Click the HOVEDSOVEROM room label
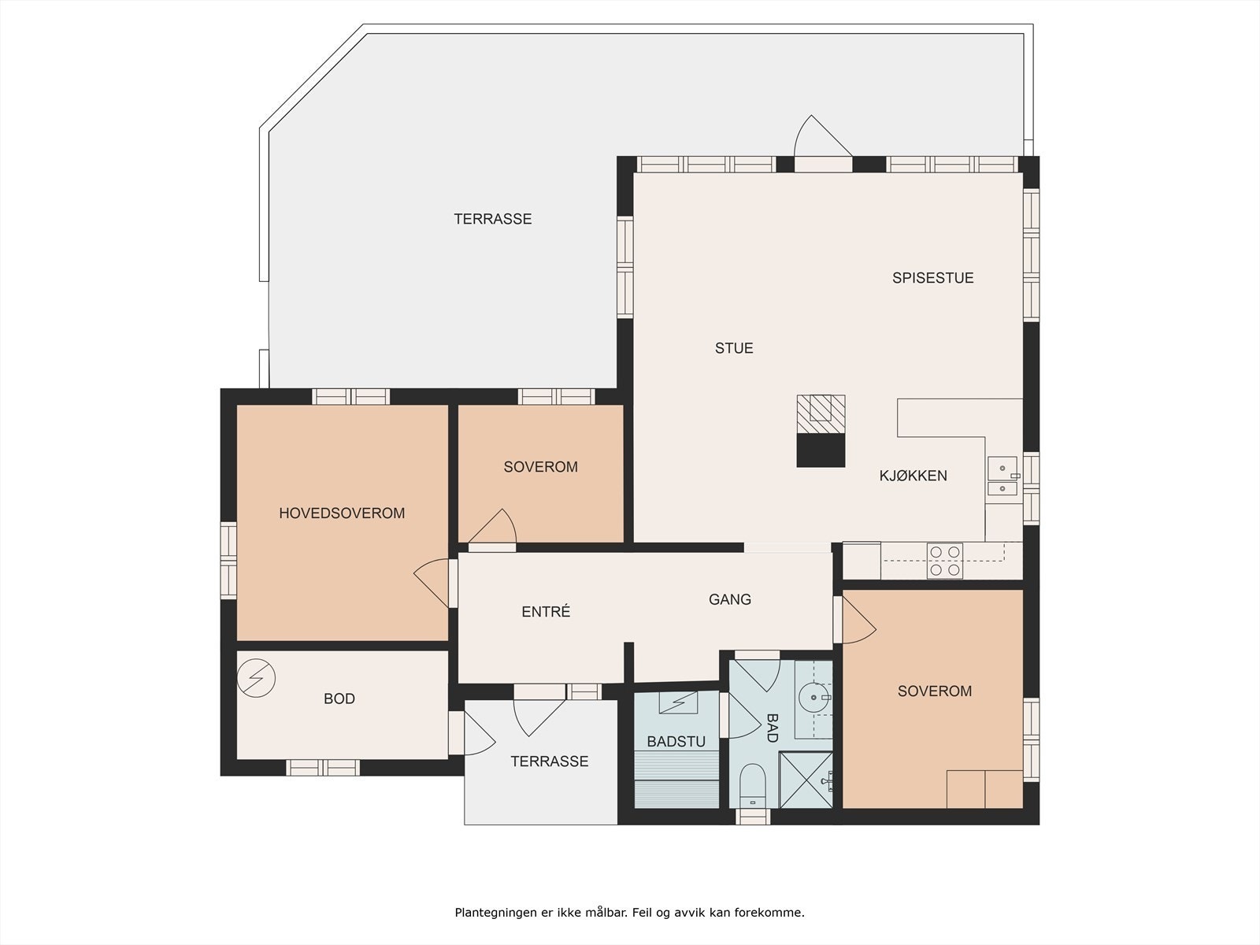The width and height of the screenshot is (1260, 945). coord(342,513)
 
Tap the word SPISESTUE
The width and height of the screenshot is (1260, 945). coord(932,278)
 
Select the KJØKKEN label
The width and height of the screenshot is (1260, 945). coord(913,476)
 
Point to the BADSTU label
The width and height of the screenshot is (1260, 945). coord(676,742)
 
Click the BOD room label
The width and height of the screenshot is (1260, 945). coord(339,699)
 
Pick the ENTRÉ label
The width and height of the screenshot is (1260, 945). coord(546,612)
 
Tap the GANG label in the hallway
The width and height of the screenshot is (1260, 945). coord(729,599)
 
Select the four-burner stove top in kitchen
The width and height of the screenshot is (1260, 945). coord(944,561)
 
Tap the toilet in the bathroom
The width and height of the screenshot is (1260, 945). coord(753,784)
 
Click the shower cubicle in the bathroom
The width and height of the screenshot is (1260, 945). coord(806,780)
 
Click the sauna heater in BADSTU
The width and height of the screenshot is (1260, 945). coord(677,702)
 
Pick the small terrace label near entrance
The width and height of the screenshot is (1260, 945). coord(549,762)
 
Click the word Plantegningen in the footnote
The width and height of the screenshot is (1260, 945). coord(492,913)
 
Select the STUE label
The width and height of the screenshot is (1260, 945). coord(733,348)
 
